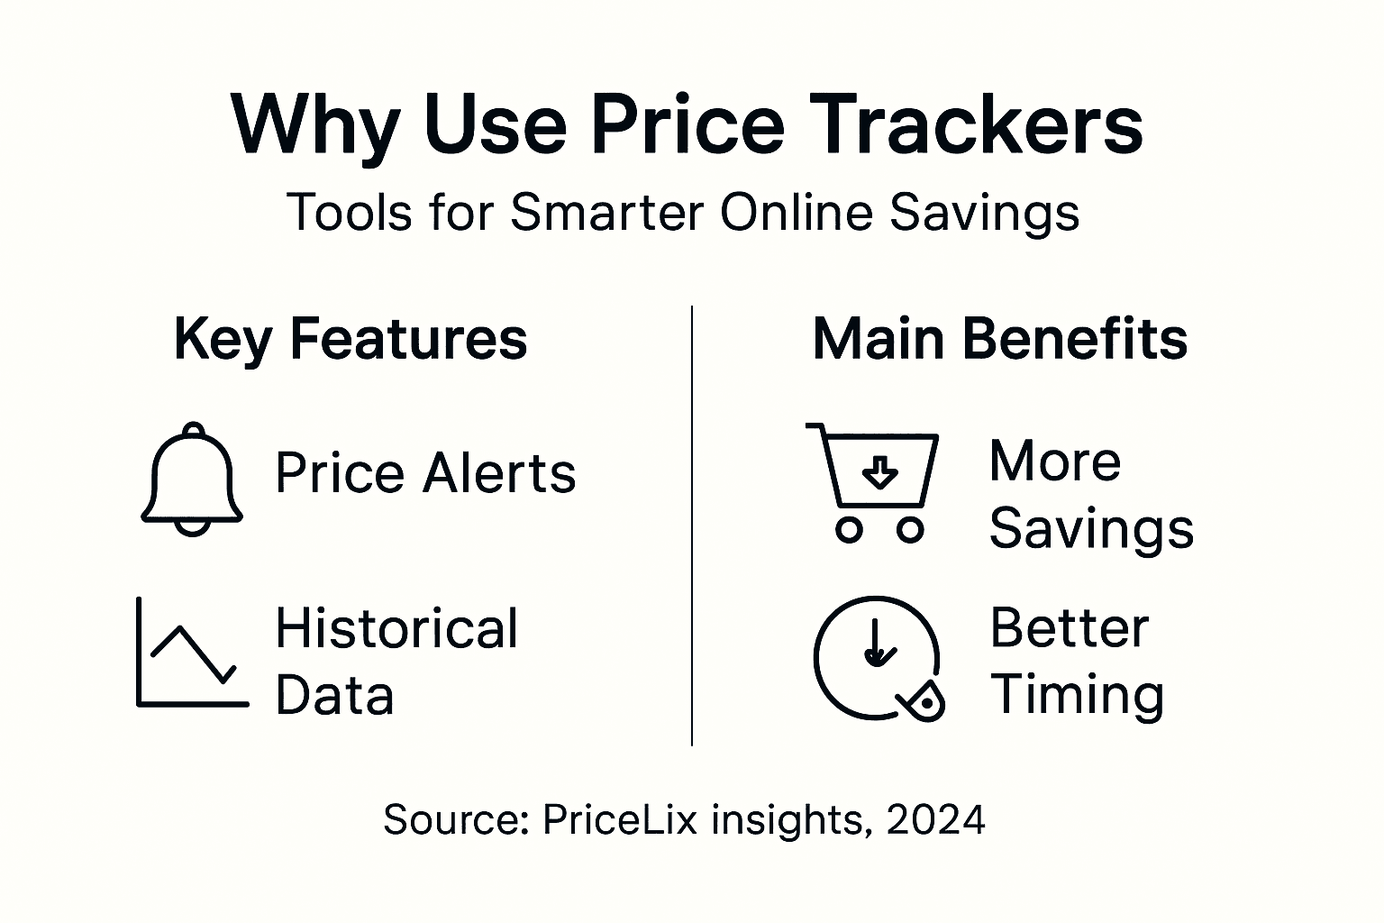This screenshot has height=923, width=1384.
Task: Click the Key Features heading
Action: tap(350, 340)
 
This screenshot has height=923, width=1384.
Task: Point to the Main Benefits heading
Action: tap(999, 340)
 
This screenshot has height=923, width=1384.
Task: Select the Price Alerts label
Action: tap(425, 473)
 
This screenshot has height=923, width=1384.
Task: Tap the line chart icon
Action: tap(191, 653)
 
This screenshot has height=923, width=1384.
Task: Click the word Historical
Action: tap(396, 628)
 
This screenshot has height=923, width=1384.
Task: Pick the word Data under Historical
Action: tap(334, 696)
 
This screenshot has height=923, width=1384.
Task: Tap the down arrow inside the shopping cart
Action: tap(879, 470)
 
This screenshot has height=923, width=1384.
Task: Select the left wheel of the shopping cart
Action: tap(848, 530)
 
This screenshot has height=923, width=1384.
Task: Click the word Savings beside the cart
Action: tap(1091, 528)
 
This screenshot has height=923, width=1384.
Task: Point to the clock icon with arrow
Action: tap(876, 658)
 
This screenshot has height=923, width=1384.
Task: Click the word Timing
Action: tap(1077, 696)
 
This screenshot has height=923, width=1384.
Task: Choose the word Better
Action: tap(1070, 628)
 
